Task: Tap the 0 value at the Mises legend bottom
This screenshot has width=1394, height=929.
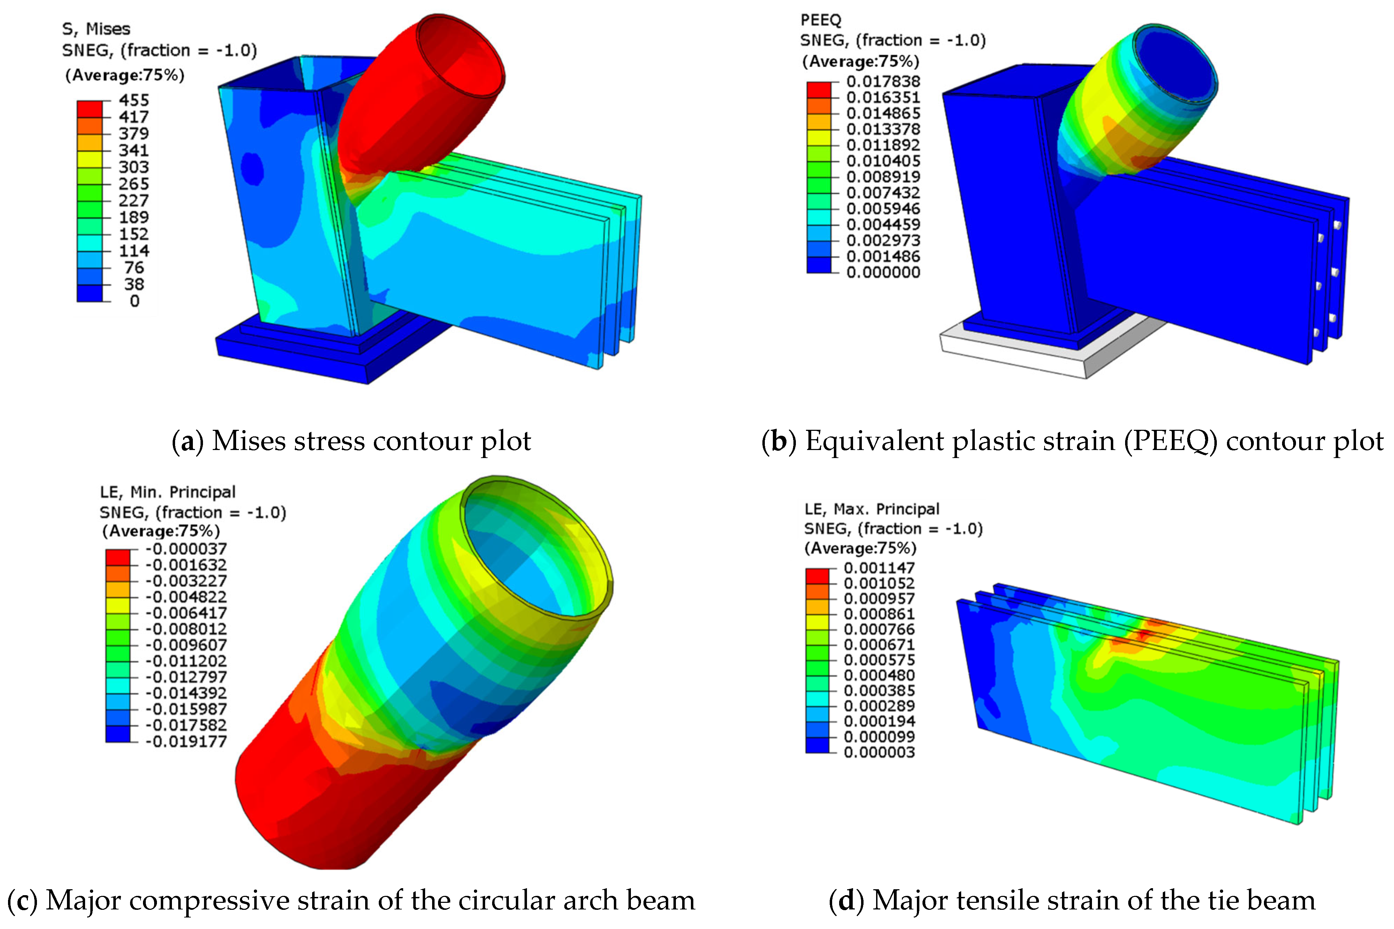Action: tap(135, 301)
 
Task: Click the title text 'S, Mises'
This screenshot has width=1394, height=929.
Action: tap(96, 29)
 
